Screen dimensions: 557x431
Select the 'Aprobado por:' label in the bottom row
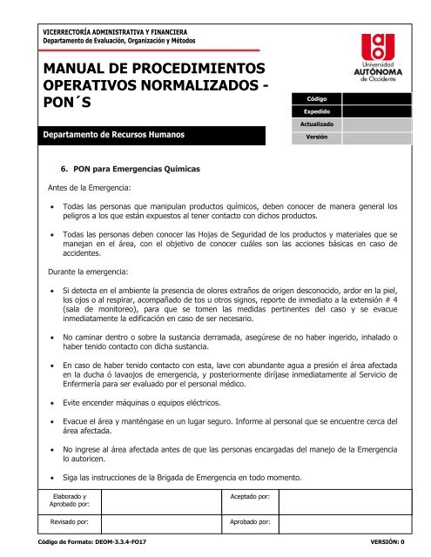coord(251,524)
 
